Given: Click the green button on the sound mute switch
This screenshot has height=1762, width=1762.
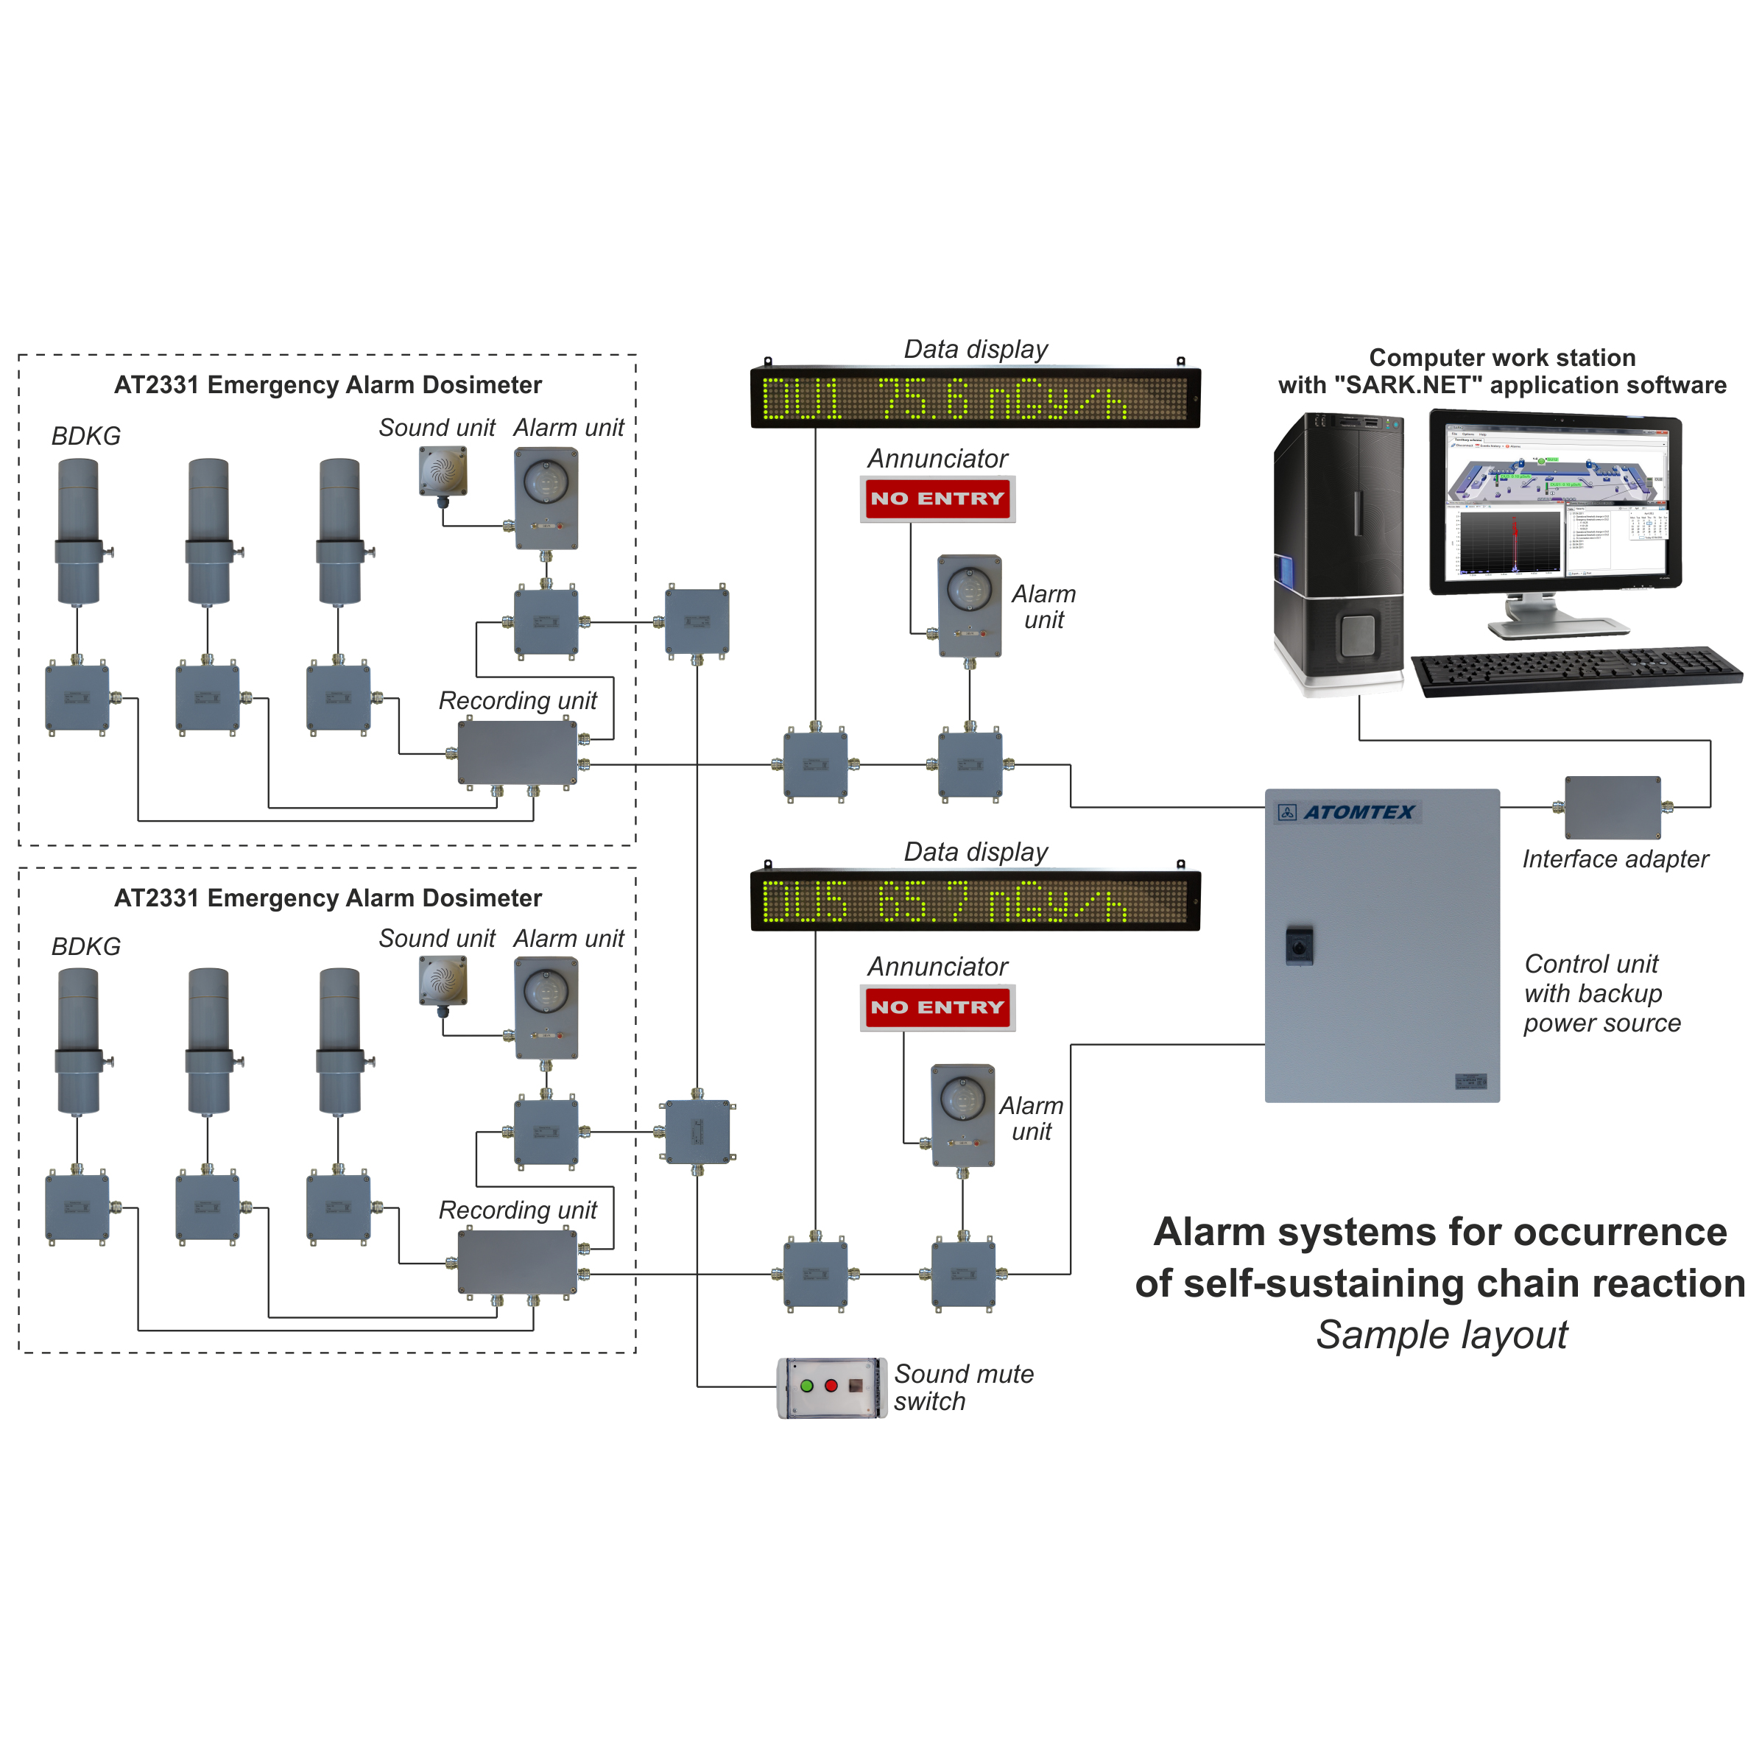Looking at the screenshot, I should point(806,1385).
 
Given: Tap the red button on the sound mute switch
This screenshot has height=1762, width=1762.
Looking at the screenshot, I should point(831,1385).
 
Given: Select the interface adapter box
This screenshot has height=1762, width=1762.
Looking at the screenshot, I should point(1612,807).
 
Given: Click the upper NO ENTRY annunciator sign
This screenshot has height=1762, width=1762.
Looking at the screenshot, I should point(937,498).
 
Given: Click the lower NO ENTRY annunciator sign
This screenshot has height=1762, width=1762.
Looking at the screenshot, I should point(937,1007).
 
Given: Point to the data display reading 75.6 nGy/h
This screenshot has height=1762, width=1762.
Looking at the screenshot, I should point(974,398).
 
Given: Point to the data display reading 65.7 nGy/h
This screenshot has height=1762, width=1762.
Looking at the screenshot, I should point(974,901).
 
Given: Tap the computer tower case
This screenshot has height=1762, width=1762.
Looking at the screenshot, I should point(1338,551).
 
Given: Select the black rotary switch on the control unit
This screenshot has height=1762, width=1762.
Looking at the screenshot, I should point(1299,945).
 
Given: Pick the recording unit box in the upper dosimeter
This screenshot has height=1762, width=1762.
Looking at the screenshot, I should point(517,753).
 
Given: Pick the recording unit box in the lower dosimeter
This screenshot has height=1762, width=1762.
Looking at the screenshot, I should point(517,1261).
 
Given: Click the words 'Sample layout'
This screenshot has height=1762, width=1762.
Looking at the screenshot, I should point(1442,1335).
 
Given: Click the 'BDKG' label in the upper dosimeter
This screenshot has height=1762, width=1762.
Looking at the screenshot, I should point(85,436).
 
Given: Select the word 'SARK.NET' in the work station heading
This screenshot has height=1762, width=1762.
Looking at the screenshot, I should point(1407,385).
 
